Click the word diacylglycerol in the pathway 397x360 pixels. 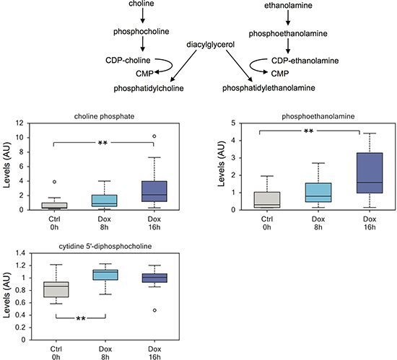(210, 45)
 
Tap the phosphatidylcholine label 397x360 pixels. (149, 88)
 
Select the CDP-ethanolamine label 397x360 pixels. (305, 61)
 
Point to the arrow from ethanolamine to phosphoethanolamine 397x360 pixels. (288, 18)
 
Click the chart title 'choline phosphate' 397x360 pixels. (104, 116)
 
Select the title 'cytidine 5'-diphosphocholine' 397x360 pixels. (105, 246)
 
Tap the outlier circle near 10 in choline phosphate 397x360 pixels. (154, 136)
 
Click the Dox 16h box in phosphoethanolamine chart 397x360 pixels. (370, 173)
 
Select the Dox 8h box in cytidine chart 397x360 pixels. (105, 275)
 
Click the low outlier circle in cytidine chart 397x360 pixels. (154, 310)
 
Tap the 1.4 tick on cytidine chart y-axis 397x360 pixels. (20, 253)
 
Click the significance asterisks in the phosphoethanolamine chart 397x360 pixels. (308, 131)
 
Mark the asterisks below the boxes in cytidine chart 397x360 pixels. (81, 318)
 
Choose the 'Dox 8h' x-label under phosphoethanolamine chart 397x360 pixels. (318, 223)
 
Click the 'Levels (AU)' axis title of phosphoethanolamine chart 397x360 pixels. (221, 164)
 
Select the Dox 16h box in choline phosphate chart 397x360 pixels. (154, 191)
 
